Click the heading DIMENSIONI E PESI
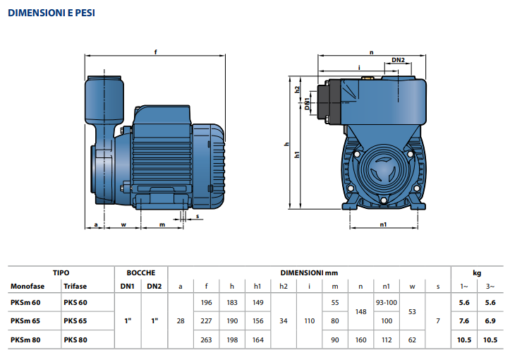pyautogui.click(x=51, y=13)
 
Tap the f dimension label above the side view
pyautogui.click(x=155, y=52)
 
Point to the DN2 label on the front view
pyautogui.click(x=398, y=60)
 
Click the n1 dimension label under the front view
pyautogui.click(x=383, y=224)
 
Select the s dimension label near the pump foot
pyautogui.click(x=198, y=216)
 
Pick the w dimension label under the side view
pyautogui.click(x=123, y=224)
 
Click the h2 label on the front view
pyautogui.click(x=297, y=90)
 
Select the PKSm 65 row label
pyautogui.click(x=25, y=321)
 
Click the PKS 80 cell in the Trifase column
pyautogui.click(x=75, y=340)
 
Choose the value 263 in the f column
pyautogui.click(x=206, y=340)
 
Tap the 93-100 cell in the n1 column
pyautogui.click(x=387, y=303)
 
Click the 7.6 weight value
pyautogui.click(x=464, y=321)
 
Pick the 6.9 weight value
pyautogui.click(x=490, y=321)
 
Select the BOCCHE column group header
pyautogui.click(x=141, y=272)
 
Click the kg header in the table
pyautogui.click(x=477, y=273)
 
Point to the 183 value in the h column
pyautogui.click(x=232, y=303)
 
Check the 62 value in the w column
pyautogui.click(x=412, y=340)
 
